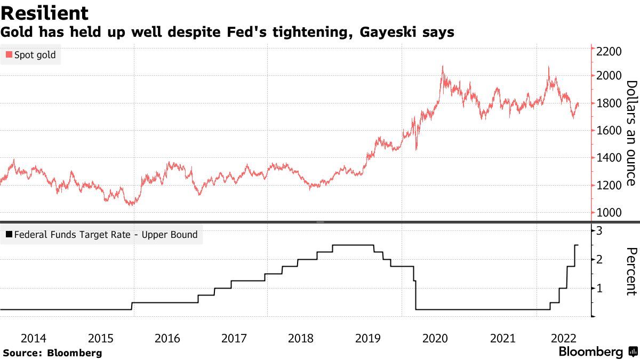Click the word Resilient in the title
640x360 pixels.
tap(45, 13)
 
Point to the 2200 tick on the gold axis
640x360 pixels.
tap(609, 52)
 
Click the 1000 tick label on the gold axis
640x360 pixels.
tap(609, 213)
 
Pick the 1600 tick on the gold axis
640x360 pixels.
tap(609, 131)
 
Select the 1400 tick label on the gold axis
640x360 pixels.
tap(609, 158)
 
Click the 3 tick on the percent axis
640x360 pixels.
tap(599, 230)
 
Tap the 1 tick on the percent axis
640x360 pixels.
tap(599, 289)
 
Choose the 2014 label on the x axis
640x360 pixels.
tap(33, 338)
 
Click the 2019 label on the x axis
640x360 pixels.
tap(367, 338)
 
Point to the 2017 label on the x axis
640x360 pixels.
tap(234, 338)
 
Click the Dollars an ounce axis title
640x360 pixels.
tap(631, 133)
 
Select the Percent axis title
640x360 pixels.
tap(631, 271)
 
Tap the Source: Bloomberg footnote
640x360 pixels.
tap(52, 353)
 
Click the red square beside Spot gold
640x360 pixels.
tap(9, 55)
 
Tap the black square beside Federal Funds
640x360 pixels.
tap(9, 235)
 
